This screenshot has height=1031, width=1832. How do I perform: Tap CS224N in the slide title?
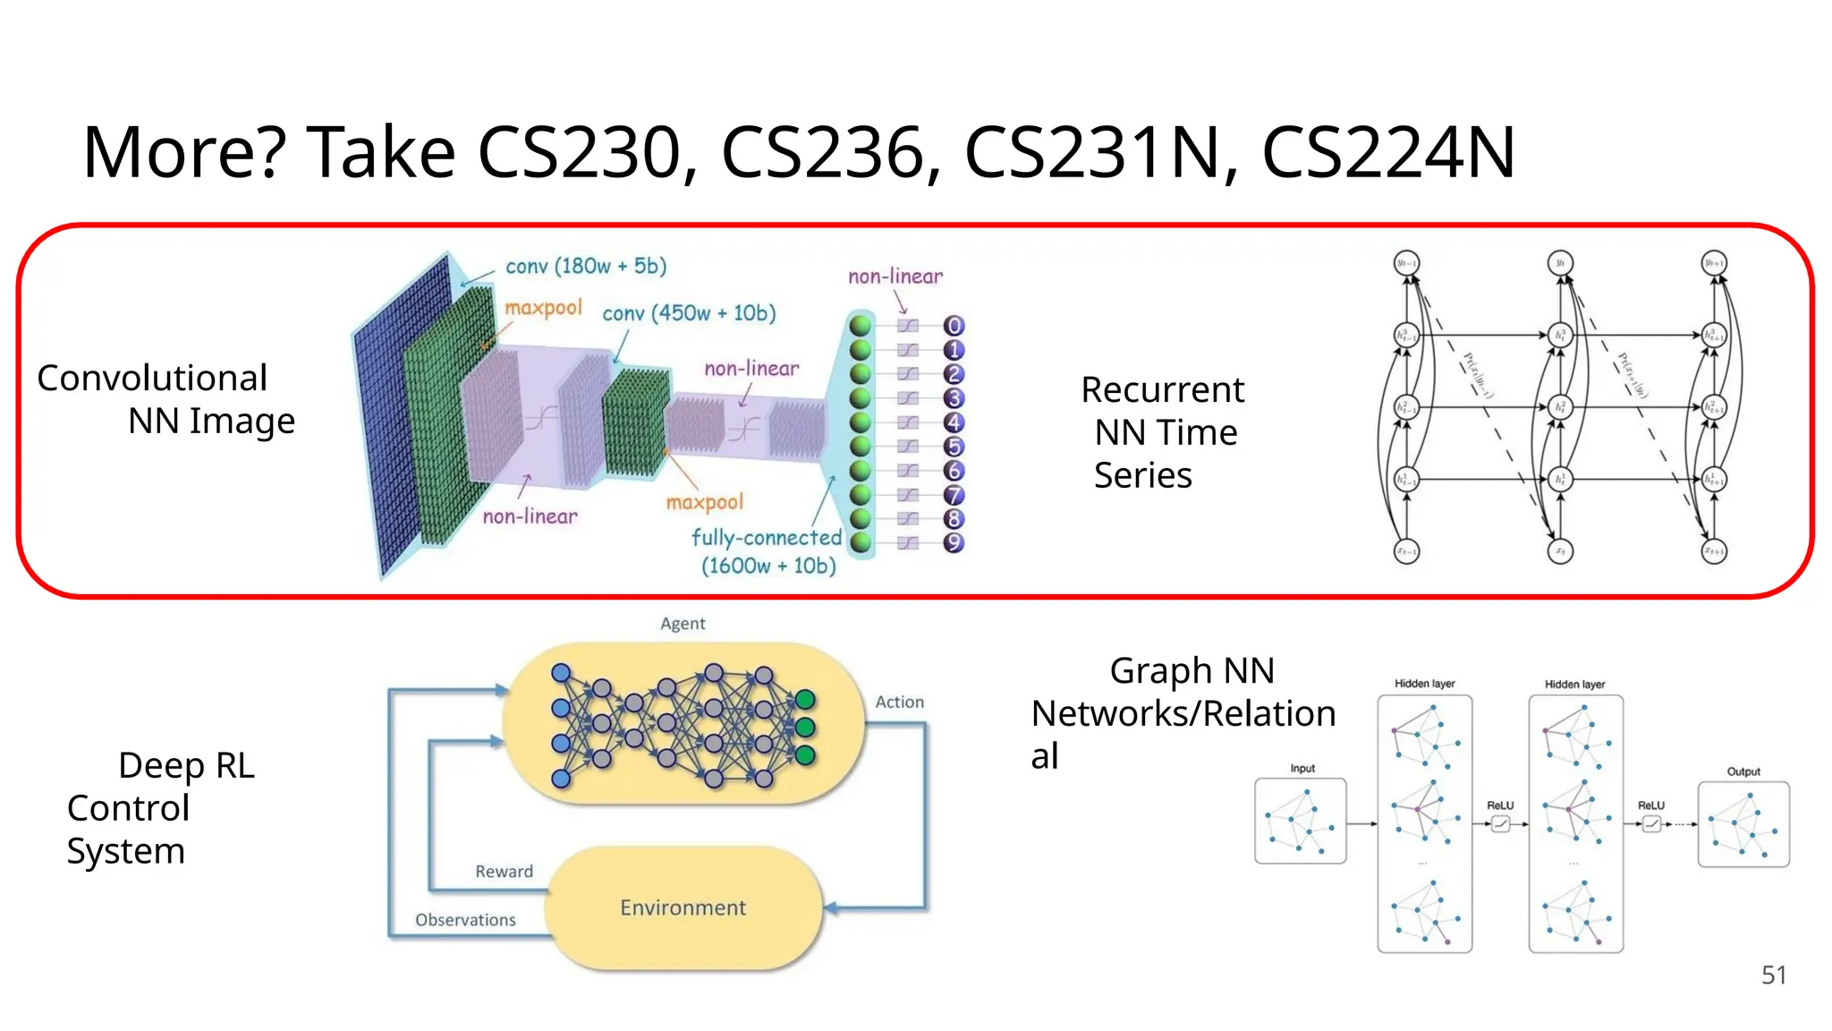tap(1388, 152)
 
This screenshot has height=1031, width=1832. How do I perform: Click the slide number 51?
tap(1773, 975)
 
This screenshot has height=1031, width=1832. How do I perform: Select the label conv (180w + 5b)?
tap(586, 266)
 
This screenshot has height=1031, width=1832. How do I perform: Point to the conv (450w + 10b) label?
tap(689, 313)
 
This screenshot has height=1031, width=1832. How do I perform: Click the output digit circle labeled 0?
tap(954, 326)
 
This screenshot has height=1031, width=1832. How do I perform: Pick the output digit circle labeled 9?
tap(954, 542)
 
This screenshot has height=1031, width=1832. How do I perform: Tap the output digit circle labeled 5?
tap(954, 447)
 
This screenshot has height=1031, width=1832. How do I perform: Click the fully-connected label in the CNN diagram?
tap(767, 537)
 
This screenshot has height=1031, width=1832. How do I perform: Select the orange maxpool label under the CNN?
tap(704, 502)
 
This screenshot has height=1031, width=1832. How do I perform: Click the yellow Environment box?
tap(683, 907)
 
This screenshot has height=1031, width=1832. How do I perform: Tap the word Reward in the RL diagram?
tap(504, 871)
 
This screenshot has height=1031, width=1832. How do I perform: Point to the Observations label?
tap(465, 919)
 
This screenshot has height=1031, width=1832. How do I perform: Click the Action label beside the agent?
tap(899, 702)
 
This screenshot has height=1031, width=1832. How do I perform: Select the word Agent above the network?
tap(683, 623)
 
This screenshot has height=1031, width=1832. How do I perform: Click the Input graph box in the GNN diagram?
tap(1300, 821)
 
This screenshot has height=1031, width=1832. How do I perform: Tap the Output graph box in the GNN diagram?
tap(1743, 824)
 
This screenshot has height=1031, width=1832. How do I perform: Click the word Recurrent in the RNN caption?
tap(1162, 390)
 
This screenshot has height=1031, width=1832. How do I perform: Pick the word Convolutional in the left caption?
tap(152, 378)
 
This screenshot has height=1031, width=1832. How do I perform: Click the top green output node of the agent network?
tap(804, 699)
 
